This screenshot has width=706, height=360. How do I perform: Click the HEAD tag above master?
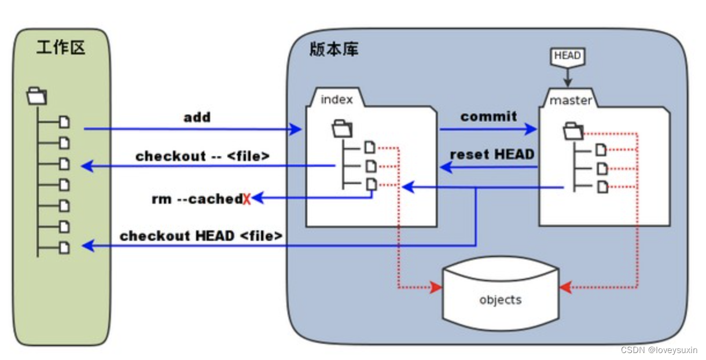point(567,56)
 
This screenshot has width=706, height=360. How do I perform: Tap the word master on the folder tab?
point(571,101)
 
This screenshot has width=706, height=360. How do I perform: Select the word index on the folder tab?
point(336,99)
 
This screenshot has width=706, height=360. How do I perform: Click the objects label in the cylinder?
point(501,300)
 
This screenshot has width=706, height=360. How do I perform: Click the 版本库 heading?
point(333,49)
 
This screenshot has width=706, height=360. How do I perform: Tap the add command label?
point(197,117)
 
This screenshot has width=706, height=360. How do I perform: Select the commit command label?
point(489,116)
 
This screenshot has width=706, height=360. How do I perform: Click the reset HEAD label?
point(492,155)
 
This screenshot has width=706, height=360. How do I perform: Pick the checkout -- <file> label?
point(203,156)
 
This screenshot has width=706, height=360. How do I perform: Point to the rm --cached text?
point(197,199)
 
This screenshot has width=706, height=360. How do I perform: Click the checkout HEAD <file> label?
point(201,236)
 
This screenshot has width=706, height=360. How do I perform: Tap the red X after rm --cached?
point(247,199)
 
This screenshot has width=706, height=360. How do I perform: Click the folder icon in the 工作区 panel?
point(37,95)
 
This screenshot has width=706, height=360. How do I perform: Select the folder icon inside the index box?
point(342,128)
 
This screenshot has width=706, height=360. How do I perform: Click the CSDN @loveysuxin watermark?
point(659,350)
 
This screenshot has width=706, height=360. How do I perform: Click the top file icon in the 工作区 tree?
point(64,122)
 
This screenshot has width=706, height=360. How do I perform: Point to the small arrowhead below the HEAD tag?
point(568,81)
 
